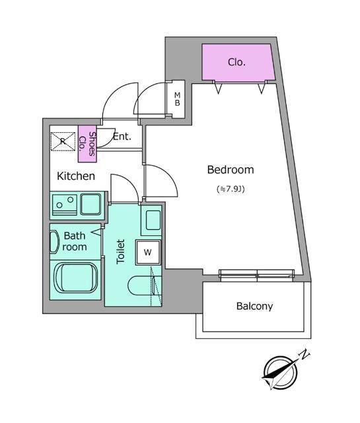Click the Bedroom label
pyautogui.click(x=231, y=170)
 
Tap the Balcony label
pyautogui.click(x=254, y=306)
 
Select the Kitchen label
pyautogui.click(x=76, y=176)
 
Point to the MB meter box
pyautogui.click(x=177, y=99)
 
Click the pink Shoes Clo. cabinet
pyautogui.click(x=87, y=144)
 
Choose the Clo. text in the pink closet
pyautogui.click(x=236, y=62)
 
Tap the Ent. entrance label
pyautogui.click(x=122, y=137)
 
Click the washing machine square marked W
pyautogui.click(x=148, y=252)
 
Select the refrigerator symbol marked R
pyautogui.click(x=63, y=141)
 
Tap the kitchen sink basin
pyautogui.click(x=91, y=204)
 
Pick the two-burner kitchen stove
pyautogui.click(x=65, y=204)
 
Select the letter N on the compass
pyautogui.click(x=305, y=354)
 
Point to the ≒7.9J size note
pyautogui.click(x=231, y=189)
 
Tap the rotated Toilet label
pyautogui.click(x=121, y=251)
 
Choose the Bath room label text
pyautogui.click(x=75, y=241)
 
